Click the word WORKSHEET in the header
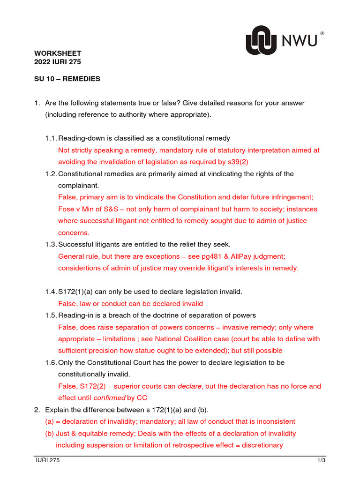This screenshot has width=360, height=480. click(58, 53)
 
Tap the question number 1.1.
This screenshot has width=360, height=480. click(51, 138)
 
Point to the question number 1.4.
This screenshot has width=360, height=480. click(51, 292)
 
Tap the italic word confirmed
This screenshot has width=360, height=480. click(110, 398)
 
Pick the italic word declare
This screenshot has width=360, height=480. click(189, 386)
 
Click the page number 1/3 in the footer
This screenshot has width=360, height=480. click(321, 461)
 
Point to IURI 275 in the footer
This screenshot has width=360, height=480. click(48, 461)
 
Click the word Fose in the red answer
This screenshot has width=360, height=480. click(66, 209)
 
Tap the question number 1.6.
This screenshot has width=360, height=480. click(51, 362)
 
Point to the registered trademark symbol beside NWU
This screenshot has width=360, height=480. click(322, 34)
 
